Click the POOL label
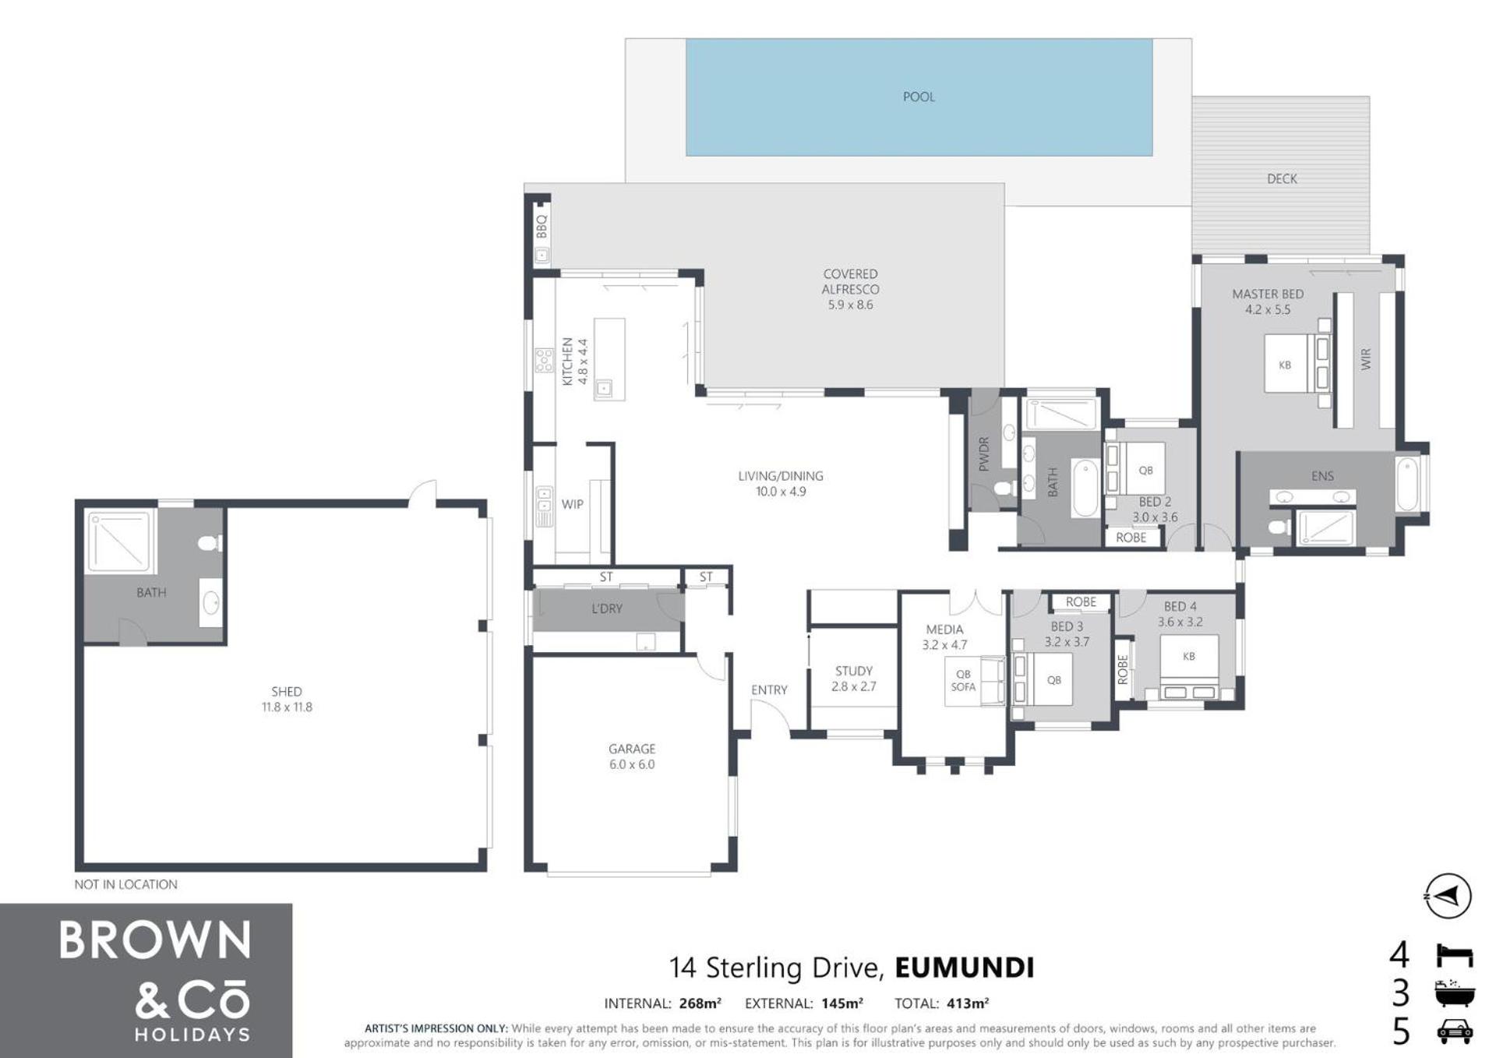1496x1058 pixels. pyautogui.click(x=919, y=97)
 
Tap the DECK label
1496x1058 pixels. pyautogui.click(x=1282, y=178)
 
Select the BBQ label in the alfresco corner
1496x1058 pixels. pyautogui.click(x=542, y=226)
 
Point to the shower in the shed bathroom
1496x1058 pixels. pyautogui.click(x=118, y=541)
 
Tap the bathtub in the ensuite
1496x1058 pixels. pyautogui.click(x=1407, y=485)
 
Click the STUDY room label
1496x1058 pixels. pyautogui.click(x=854, y=671)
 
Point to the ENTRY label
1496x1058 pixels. pyautogui.click(x=769, y=689)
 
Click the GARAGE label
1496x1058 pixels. pyautogui.click(x=632, y=749)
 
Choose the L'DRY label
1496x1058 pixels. pyautogui.click(x=607, y=608)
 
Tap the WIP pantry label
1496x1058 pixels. pyautogui.click(x=573, y=504)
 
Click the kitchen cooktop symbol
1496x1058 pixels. pyautogui.click(x=544, y=360)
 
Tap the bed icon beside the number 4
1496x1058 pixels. pyautogui.click(x=1454, y=955)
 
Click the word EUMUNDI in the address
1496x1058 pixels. pyautogui.click(x=965, y=968)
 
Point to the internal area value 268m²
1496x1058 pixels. pyautogui.click(x=699, y=1003)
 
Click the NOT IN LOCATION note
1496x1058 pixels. pyautogui.click(x=125, y=884)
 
